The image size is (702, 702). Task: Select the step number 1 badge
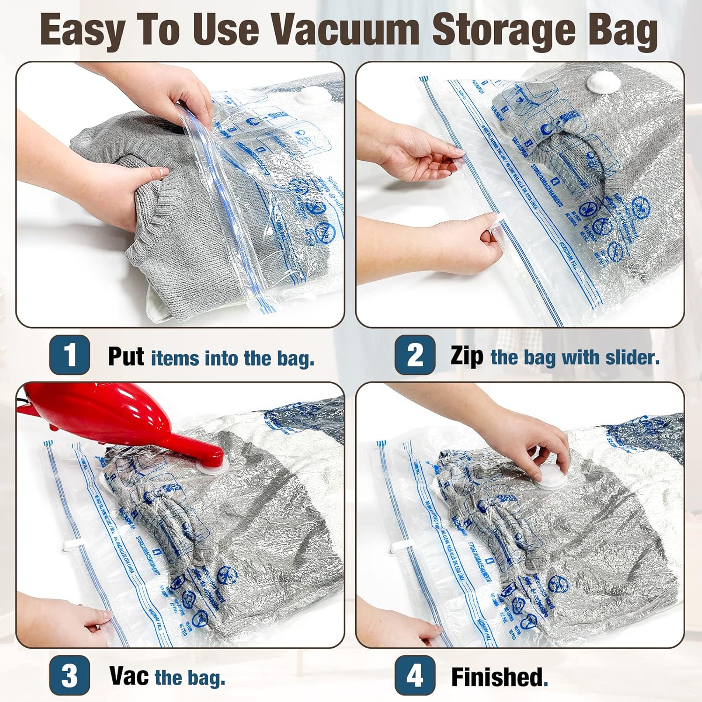pos(70,355)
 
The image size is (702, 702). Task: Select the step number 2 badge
pos(415,355)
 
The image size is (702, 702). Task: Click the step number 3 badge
pos(70,676)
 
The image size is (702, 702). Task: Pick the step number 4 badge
pos(415,676)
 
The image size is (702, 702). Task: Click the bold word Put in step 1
pos(126,357)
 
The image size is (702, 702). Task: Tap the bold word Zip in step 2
pos(467,357)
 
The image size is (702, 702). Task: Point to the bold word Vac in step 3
pos(129,676)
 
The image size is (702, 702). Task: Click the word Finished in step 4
pos(498,677)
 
